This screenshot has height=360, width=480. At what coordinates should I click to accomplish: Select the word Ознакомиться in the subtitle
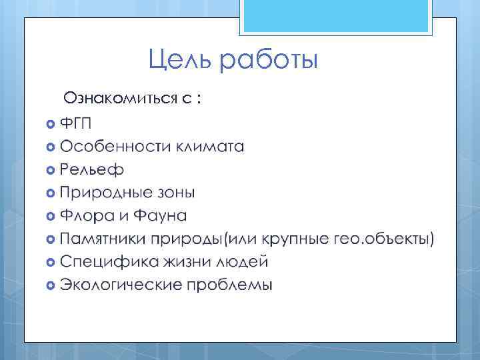coord(120,99)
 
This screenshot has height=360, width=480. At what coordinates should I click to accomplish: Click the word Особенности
coord(115,147)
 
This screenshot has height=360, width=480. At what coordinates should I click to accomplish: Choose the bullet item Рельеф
coord(91,170)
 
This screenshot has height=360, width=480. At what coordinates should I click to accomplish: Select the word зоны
coord(177,193)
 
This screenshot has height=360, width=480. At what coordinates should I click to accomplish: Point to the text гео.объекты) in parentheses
coord(389,239)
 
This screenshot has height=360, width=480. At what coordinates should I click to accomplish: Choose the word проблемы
coord(230,285)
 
